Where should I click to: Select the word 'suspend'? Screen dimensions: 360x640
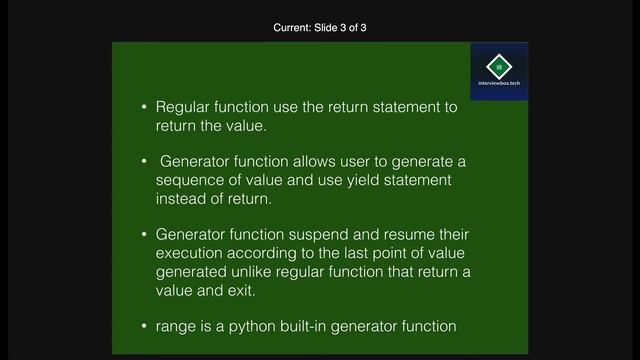click(324, 233)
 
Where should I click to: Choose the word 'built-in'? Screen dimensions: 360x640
click(296, 326)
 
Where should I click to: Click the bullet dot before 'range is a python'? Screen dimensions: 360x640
click(144, 326)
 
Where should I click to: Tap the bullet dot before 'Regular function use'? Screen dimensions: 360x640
click(144, 108)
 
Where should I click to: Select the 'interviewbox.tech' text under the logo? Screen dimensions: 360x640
click(499, 83)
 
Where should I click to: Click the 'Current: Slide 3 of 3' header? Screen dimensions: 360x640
click(320, 28)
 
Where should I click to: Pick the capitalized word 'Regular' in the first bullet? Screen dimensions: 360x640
click(184, 108)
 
